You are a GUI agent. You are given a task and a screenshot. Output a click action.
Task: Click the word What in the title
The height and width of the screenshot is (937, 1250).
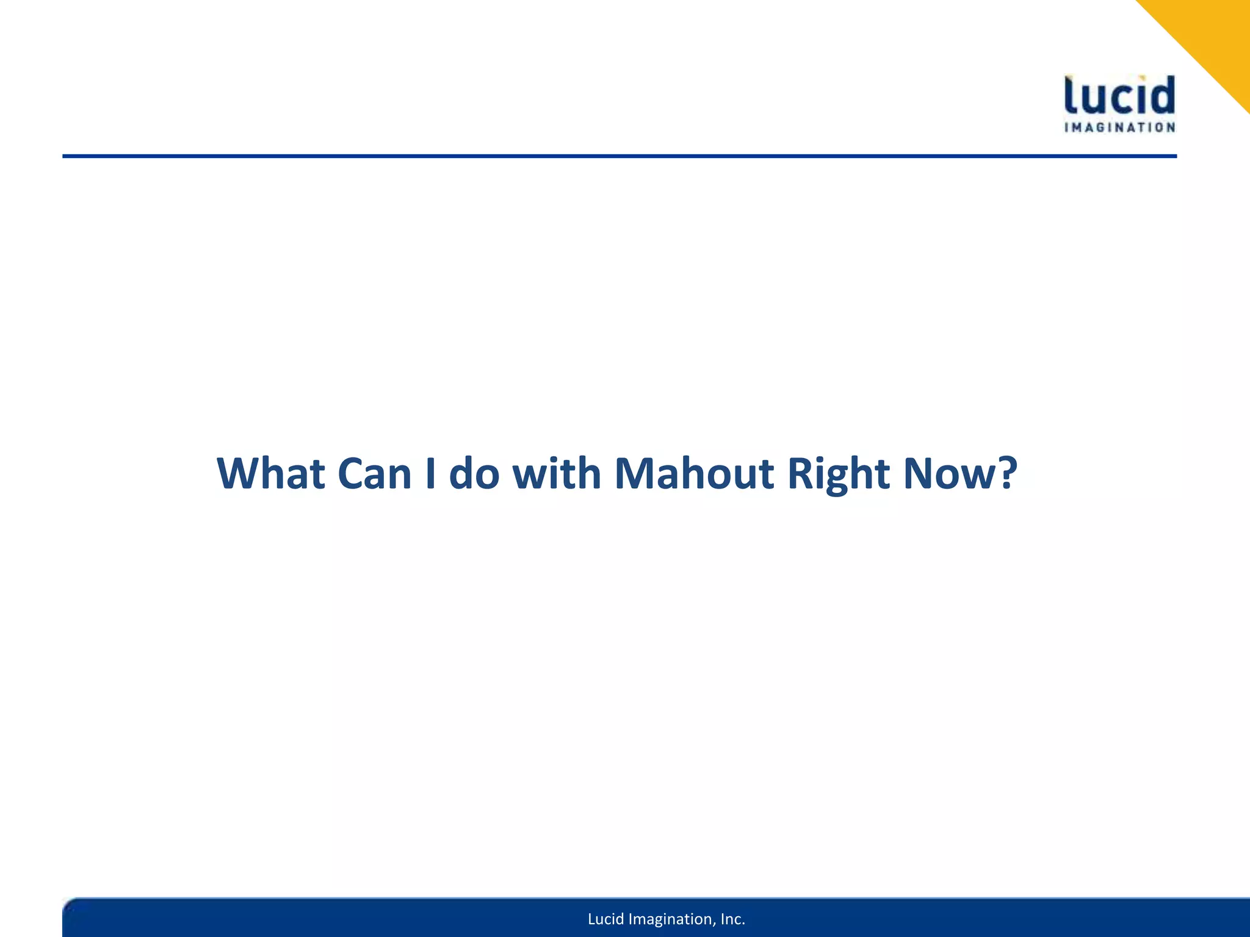tap(270, 473)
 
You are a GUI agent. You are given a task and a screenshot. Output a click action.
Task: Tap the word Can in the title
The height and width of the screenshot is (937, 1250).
tap(374, 473)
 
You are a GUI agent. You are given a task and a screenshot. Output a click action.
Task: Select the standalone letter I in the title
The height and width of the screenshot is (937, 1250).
tap(430, 473)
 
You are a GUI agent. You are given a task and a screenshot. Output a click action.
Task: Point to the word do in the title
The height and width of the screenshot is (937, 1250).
tap(474, 473)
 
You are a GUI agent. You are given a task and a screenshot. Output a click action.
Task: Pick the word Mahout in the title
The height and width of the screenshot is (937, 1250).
tap(694, 473)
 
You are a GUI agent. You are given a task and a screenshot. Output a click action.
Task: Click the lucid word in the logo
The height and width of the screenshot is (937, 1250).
tap(1119, 96)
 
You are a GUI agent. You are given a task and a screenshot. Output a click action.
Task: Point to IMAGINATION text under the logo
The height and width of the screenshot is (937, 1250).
tap(1119, 127)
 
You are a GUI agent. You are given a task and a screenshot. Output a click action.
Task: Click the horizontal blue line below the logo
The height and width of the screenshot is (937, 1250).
tap(610, 156)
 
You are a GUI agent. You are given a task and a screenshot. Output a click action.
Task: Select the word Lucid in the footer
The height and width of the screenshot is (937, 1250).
tap(605, 919)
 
